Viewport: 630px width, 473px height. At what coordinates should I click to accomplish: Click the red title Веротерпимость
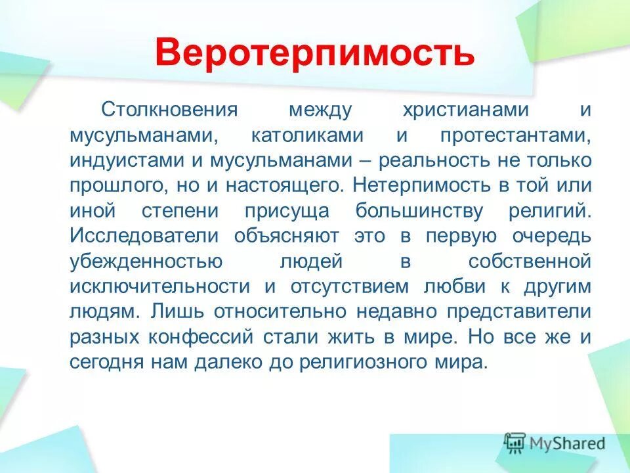pos(315,53)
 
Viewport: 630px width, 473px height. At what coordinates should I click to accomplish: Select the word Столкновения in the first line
pos(159,110)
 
